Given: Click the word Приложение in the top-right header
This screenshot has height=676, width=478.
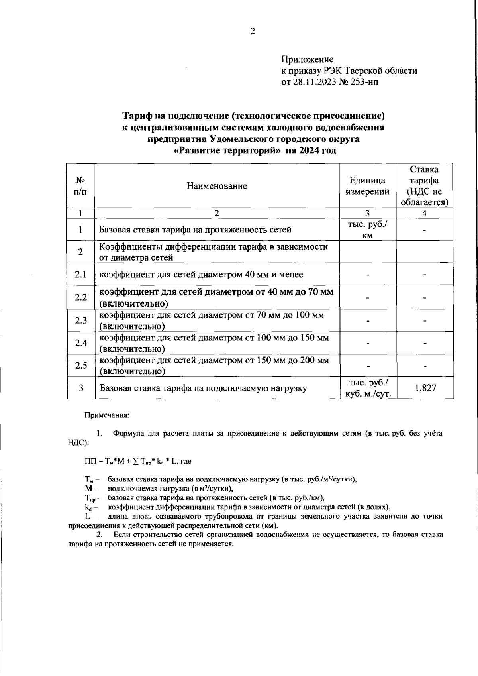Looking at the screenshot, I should click(307, 60).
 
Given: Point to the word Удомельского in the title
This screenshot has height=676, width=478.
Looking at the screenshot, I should click(239, 139).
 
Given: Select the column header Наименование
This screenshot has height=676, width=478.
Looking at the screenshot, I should click(217, 186).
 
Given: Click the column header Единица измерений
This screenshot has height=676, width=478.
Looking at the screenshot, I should click(367, 186).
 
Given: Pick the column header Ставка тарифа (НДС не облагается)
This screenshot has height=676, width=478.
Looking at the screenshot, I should click(425, 186).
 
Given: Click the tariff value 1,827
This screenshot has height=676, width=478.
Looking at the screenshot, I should click(425, 388).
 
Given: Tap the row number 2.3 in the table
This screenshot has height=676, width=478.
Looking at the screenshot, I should click(81, 320).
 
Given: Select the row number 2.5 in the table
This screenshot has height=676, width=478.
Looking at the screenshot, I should click(81, 366).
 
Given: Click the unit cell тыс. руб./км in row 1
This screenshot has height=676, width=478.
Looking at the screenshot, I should click(367, 229).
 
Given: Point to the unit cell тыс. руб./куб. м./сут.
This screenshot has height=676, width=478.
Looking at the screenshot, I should click(368, 388).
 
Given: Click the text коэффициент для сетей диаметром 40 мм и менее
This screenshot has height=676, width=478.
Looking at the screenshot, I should click(201, 274).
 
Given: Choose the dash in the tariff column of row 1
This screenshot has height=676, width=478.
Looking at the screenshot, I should click(425, 230).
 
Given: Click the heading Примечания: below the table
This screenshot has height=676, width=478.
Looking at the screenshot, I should click(106, 415).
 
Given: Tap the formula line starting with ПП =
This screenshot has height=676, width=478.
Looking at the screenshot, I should click(138, 461).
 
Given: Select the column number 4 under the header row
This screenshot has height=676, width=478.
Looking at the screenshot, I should click(424, 213).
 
